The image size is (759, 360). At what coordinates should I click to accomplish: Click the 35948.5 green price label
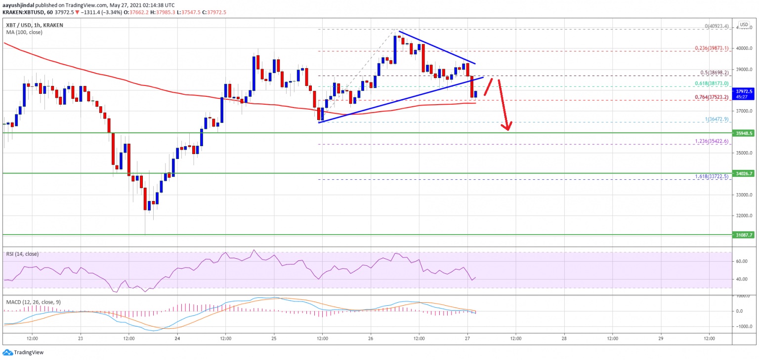743,133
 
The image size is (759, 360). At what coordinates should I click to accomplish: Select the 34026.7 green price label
743,173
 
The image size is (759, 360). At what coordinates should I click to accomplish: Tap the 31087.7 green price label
743,235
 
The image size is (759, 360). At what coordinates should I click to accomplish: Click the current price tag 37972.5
743,91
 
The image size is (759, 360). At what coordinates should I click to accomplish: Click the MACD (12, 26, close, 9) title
34,302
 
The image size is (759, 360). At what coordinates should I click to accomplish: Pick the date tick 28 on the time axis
564,339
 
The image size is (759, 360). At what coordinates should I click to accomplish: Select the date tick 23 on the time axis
80,339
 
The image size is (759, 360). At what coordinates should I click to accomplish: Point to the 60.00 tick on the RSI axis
741,262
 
